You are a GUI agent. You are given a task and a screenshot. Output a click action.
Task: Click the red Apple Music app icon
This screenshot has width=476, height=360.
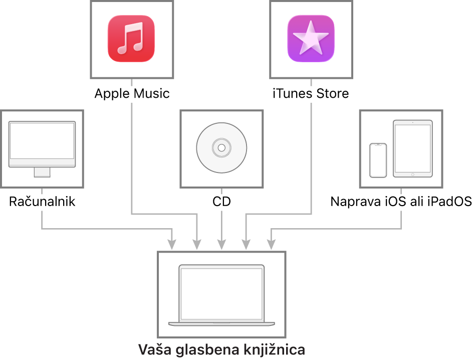pos(131,39)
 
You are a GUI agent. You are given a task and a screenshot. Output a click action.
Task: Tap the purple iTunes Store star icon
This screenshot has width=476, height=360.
pos(311,39)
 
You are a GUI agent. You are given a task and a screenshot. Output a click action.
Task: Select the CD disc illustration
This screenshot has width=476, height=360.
pos(221,148)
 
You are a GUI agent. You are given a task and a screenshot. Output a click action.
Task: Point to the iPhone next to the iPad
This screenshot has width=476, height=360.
pos(378,160)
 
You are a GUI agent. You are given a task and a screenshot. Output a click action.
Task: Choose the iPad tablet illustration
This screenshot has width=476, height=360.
pos(412,148)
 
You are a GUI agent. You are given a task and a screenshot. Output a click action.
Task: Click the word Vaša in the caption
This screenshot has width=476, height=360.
pos(155,349)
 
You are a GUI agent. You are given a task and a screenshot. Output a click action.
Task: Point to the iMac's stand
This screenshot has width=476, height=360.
pos(42,172)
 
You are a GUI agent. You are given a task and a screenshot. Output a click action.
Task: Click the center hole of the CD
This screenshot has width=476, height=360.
pos(221,148)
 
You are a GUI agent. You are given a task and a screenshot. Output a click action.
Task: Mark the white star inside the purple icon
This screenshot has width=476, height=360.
pos(311,38)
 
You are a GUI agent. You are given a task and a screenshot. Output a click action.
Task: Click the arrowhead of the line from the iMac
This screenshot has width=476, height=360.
pos(172,245)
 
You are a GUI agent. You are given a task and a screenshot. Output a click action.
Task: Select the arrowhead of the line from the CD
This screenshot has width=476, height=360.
pos(221,245)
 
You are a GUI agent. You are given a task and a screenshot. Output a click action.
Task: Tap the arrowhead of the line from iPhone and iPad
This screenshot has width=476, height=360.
pos(271,245)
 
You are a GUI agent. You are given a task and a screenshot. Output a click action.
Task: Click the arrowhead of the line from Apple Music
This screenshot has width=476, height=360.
pos(197,245)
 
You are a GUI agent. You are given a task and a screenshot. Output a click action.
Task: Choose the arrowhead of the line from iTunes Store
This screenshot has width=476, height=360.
pos(246,245)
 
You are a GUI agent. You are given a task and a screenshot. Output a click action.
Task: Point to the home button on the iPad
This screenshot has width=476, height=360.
pos(412,174)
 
